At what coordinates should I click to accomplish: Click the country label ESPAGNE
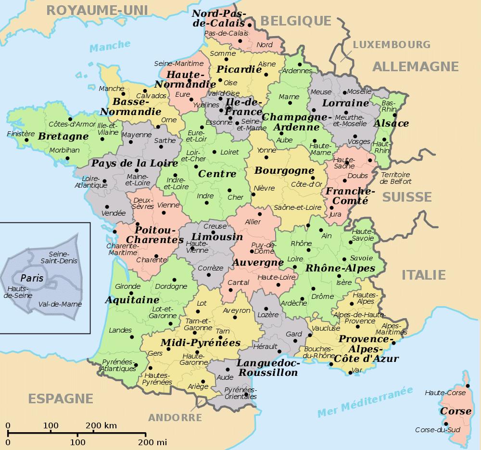coord(61,399)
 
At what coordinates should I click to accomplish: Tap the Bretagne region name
coord(63,136)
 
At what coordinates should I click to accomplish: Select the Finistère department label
coord(21,134)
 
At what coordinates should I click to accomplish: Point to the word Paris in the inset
coord(32,278)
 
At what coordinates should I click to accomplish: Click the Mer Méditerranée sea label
coord(366,401)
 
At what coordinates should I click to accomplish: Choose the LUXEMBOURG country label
coord(392,45)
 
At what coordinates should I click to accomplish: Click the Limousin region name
coord(217,237)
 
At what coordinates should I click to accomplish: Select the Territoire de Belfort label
coord(395,178)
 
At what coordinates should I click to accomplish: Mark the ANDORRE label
coord(175,417)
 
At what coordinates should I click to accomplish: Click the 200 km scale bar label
coord(101,425)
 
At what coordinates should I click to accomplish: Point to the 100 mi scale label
coord(77,442)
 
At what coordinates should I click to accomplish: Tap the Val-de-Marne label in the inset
coord(60,304)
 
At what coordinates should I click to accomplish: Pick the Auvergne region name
coord(258,263)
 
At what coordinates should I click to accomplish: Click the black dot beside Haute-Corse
coord(468,386)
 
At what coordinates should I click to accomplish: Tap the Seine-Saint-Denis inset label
coord(59,257)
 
